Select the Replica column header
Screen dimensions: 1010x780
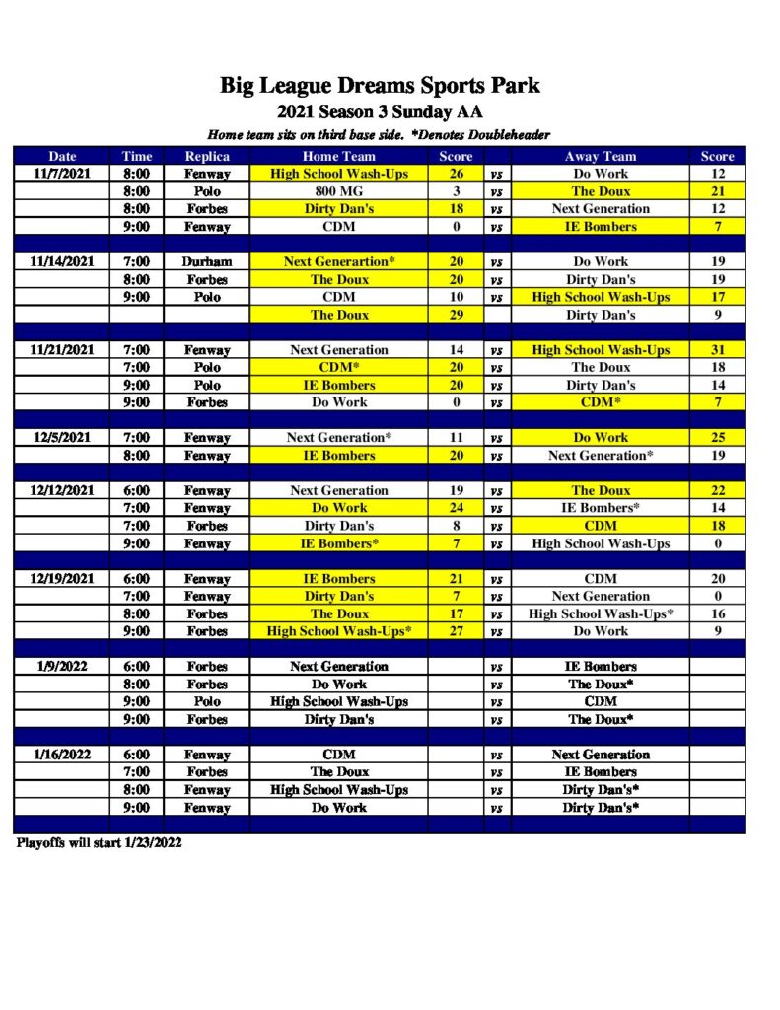(x=207, y=156)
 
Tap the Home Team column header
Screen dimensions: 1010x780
(x=338, y=156)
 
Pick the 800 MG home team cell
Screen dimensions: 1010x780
(x=338, y=191)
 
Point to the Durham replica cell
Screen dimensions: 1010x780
(x=207, y=262)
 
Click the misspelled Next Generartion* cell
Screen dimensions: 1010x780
(x=338, y=262)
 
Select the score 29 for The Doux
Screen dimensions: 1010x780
(x=457, y=315)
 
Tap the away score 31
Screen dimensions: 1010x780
(x=717, y=350)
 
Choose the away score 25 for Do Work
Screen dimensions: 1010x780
(x=717, y=438)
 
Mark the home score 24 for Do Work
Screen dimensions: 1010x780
(x=457, y=508)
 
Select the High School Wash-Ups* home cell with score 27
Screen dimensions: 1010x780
(x=338, y=631)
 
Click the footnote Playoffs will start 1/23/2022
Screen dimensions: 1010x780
(x=99, y=843)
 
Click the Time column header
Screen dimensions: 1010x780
(x=137, y=156)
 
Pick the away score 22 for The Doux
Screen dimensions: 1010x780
(x=717, y=491)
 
